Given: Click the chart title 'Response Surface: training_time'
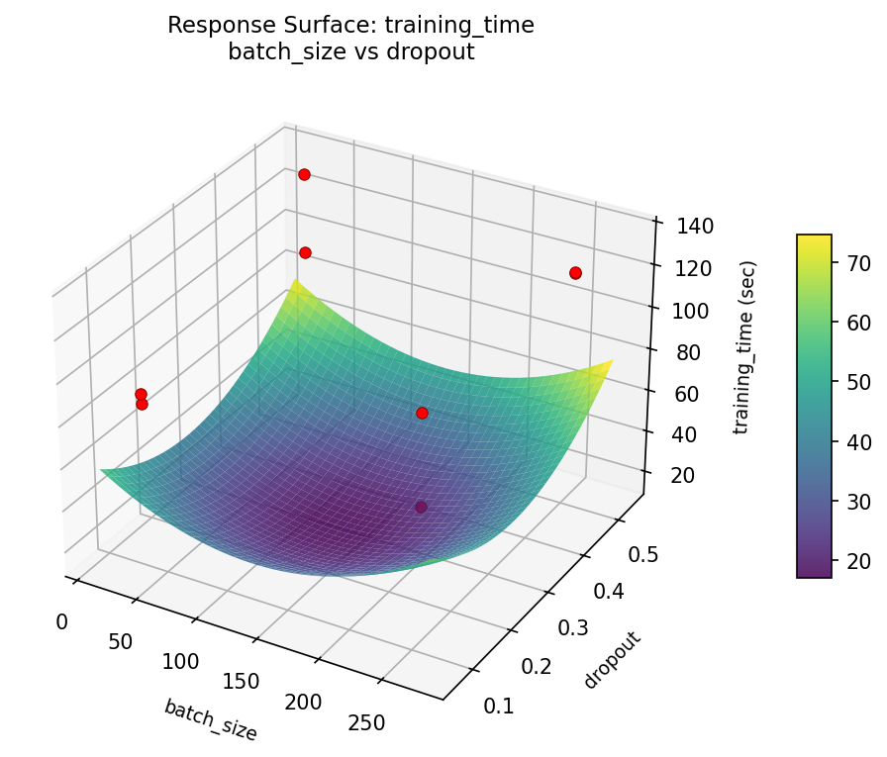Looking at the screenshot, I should [x=350, y=26].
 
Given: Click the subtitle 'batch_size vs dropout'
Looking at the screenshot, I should [x=350, y=52].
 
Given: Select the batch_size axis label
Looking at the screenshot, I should [x=211, y=719].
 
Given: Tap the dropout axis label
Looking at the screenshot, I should [x=613, y=660].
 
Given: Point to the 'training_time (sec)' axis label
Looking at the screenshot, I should [x=744, y=347].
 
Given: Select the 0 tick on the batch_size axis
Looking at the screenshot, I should [x=62, y=621].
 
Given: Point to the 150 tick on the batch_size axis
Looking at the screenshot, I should [x=241, y=682].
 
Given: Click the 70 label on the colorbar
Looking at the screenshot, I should [x=858, y=262].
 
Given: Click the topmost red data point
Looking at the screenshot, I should [x=304, y=174].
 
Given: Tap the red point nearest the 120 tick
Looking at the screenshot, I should [x=575, y=272].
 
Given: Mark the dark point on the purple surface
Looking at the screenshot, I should [x=421, y=507].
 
